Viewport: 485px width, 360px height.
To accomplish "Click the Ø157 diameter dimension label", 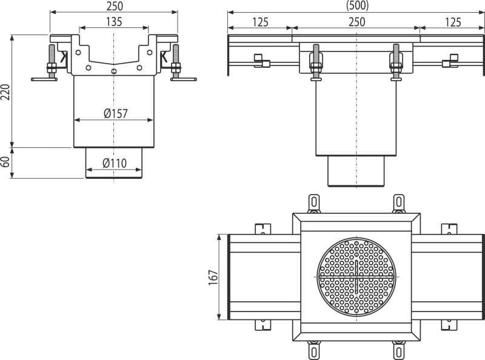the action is coord(115,113).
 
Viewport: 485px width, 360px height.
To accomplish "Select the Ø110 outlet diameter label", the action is coord(114,163).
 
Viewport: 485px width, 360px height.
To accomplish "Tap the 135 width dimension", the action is coord(114,22).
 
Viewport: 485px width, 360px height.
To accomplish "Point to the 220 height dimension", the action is coord(6,92).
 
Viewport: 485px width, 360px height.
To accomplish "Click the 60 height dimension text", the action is coord(6,162).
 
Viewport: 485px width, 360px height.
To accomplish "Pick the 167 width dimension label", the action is coord(213,278).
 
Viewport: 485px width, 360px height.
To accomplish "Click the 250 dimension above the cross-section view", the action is coord(115,6).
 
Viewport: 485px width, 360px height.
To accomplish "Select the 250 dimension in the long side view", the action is coord(356,22).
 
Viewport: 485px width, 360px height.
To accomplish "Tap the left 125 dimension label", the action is coord(260,22).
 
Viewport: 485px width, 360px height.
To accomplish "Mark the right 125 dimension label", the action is coord(452,22).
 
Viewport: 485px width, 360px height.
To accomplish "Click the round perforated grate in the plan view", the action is coord(356,277).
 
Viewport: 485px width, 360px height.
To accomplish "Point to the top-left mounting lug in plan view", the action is coord(314,203).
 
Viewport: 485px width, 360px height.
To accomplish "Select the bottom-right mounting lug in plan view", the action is coord(398,350).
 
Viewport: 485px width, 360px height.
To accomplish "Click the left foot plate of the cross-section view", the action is coord(44,79).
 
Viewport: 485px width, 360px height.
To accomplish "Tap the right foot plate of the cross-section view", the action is coord(184,79).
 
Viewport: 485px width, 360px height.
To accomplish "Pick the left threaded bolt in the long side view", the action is coord(316,62).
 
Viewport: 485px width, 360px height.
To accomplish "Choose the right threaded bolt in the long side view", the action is coord(396,62).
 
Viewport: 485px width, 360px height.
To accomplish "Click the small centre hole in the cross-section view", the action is coord(114,72).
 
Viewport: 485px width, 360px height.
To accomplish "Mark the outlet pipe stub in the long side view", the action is coord(356,172).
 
